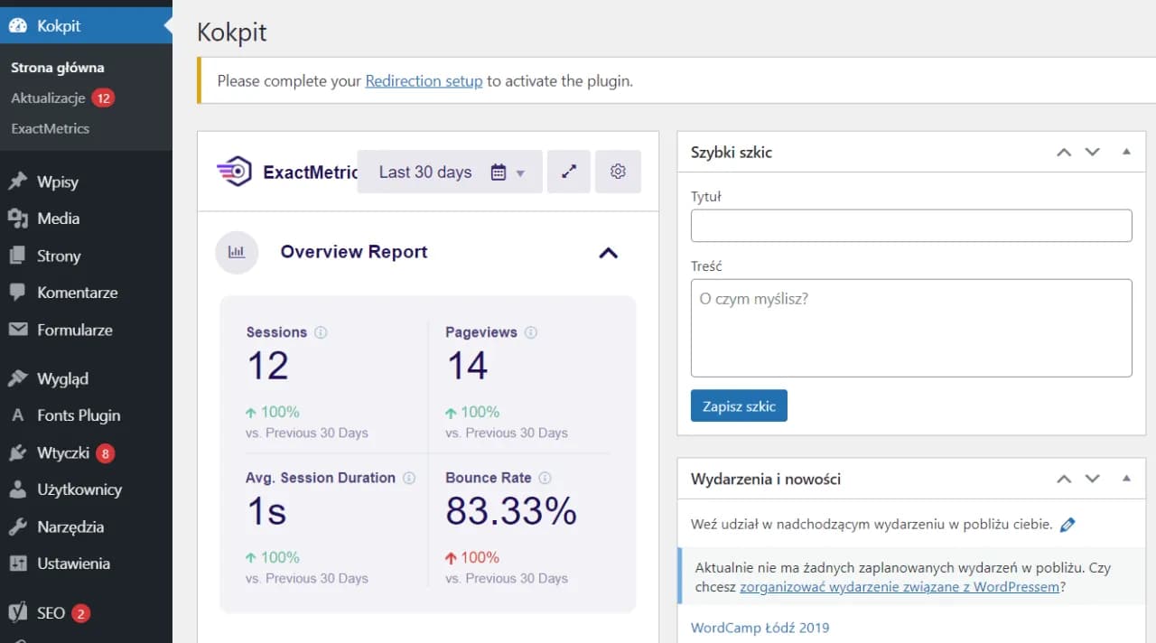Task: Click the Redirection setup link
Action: point(424,80)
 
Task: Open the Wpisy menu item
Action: point(58,182)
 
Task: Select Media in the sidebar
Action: point(58,219)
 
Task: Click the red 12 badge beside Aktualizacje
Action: point(103,98)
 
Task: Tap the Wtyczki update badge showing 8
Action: point(106,453)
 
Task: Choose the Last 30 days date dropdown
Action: point(450,172)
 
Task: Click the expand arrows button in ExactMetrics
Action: point(569,172)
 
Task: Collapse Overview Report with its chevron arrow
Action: point(609,253)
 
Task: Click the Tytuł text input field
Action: point(910,226)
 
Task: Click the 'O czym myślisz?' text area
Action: point(910,327)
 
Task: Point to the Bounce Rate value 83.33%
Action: point(511,512)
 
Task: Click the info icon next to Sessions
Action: point(321,332)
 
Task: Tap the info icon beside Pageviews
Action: point(531,332)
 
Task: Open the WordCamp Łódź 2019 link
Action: point(760,628)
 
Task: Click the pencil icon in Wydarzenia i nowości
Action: point(1067,524)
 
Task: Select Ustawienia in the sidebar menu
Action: point(73,564)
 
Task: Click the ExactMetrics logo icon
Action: point(235,172)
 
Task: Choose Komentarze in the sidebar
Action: point(77,293)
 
